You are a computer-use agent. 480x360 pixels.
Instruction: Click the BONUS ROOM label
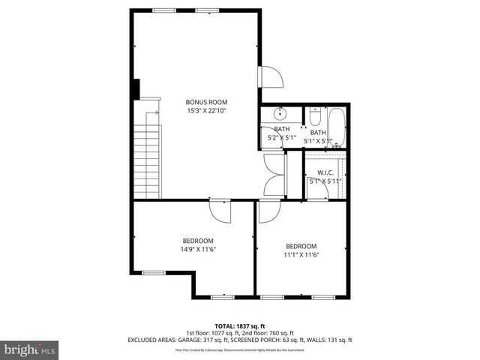[x=206, y=102]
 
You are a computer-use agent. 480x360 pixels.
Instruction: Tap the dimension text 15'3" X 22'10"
[x=206, y=111]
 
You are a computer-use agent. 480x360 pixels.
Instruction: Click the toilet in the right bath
[x=315, y=117]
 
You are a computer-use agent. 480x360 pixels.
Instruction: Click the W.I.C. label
[x=325, y=172]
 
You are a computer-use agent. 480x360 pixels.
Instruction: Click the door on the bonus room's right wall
[x=269, y=76]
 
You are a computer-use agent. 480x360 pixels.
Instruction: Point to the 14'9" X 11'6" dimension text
[x=198, y=249]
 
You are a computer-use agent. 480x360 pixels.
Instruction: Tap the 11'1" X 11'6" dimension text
[x=301, y=255]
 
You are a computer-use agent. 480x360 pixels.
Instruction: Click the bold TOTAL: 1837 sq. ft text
[x=239, y=326]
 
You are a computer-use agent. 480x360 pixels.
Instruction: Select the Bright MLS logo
[x=29, y=349]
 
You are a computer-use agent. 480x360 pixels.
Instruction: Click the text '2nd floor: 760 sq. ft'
[x=267, y=333]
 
